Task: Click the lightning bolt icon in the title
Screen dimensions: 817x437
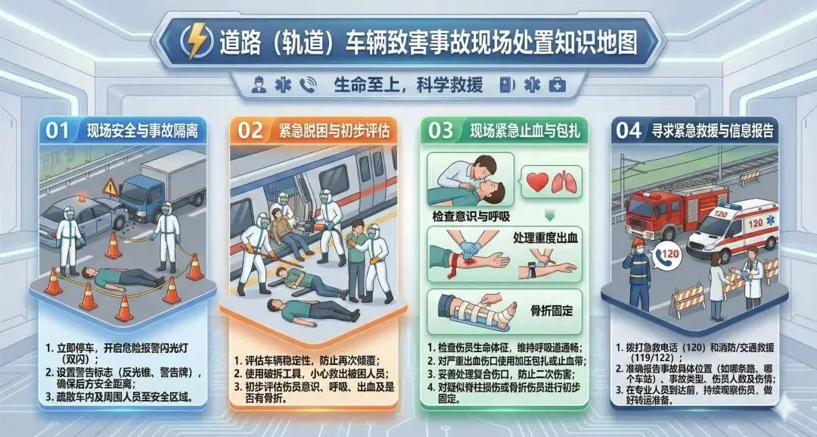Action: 197,41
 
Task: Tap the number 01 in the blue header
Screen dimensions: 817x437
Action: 57,130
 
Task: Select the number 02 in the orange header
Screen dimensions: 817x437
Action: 250,130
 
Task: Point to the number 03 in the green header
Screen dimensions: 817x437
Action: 441,130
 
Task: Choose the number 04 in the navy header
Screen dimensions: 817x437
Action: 629,130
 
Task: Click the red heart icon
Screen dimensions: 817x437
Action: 538,182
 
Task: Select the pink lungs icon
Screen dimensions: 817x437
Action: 564,182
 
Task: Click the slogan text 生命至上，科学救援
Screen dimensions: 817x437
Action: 408,85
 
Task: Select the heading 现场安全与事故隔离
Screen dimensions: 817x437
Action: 142,131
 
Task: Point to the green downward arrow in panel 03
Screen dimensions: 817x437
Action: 550,215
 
